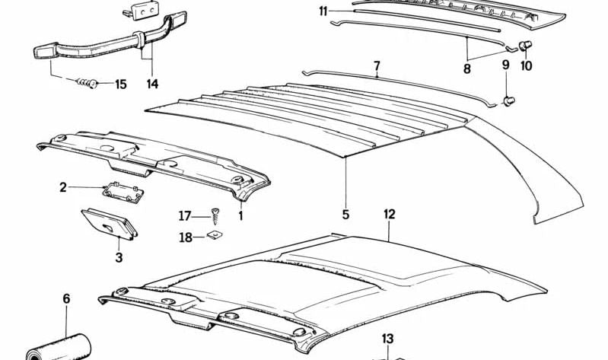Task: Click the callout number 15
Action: [121, 84]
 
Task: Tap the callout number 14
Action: [152, 84]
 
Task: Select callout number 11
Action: [323, 11]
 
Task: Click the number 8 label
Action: [466, 69]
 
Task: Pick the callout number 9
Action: [505, 64]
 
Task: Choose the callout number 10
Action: [527, 65]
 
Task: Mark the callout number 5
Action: [345, 215]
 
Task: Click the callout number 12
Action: [390, 215]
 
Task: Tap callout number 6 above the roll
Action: [66, 298]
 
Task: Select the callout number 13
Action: [387, 339]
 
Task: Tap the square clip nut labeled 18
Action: [213, 237]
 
